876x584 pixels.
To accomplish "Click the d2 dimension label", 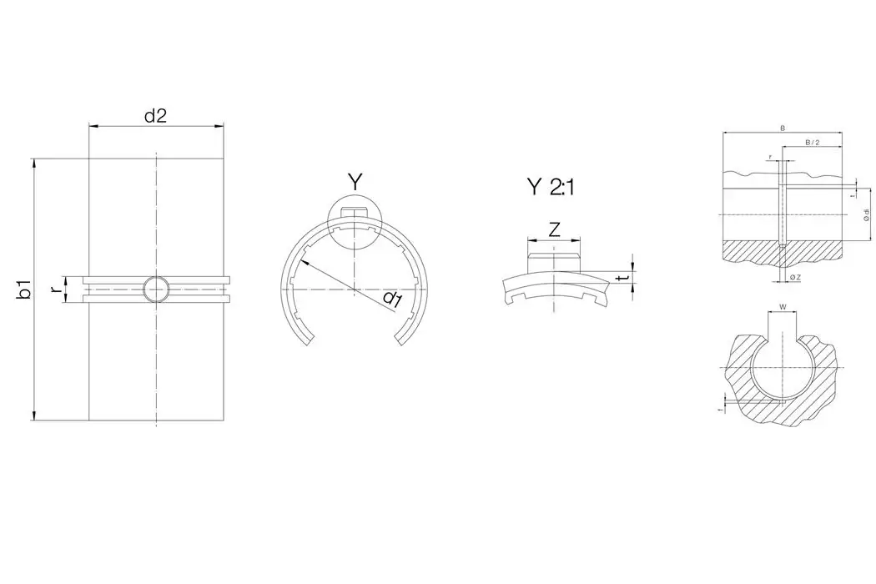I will [156, 117].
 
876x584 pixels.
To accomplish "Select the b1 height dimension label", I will [25, 290].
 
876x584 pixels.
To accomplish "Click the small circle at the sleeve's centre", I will [156, 289].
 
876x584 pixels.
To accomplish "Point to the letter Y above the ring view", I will [355, 181].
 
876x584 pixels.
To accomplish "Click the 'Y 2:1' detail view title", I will [551, 187].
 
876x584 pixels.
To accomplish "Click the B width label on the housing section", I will [782, 128].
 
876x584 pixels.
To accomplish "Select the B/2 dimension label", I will [813, 143].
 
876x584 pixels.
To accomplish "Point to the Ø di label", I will [868, 215].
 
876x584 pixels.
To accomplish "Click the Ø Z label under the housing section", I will [795, 277].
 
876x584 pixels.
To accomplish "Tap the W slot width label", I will [782, 306].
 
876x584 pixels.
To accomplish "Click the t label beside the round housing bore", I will [720, 409].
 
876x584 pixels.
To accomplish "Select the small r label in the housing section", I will [768, 155].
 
